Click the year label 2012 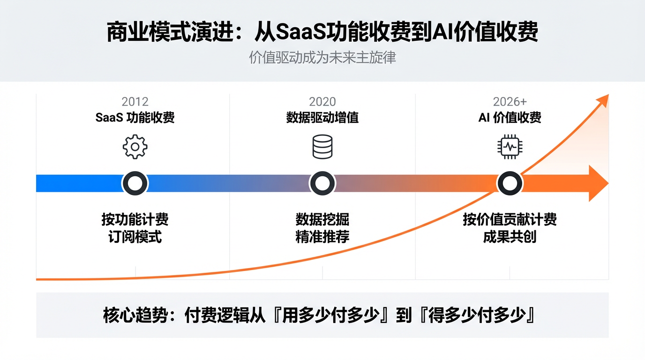coord(135,102)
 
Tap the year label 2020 coord(322,102)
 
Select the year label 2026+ coord(510,102)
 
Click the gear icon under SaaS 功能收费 coord(135,147)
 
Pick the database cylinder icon coord(322,147)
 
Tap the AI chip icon coord(510,147)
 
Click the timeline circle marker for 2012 coord(135,183)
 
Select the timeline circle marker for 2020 coord(322,183)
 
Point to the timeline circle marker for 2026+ coord(510,183)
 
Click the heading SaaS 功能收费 coord(135,117)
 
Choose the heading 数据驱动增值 coord(322,117)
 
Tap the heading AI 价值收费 coord(510,117)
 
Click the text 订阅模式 coord(135,237)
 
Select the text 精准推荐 coord(322,237)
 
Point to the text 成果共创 coord(510,237)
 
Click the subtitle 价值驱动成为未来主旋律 coord(322,58)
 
